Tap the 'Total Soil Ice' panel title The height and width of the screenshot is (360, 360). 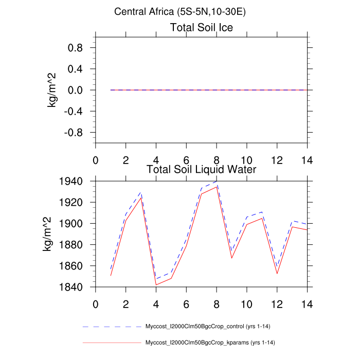tap(202, 28)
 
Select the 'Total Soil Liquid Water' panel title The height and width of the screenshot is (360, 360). tap(202, 169)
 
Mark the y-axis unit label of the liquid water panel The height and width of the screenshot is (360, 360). tap(47, 234)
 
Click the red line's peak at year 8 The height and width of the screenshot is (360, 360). tap(217, 187)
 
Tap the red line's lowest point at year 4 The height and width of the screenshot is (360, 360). tap(156, 284)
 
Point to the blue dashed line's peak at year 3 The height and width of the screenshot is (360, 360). tap(141, 192)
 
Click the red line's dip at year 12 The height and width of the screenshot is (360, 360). tap(277, 274)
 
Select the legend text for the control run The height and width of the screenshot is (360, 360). tap(210, 327)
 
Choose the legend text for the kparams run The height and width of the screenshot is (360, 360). tap(211, 342)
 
